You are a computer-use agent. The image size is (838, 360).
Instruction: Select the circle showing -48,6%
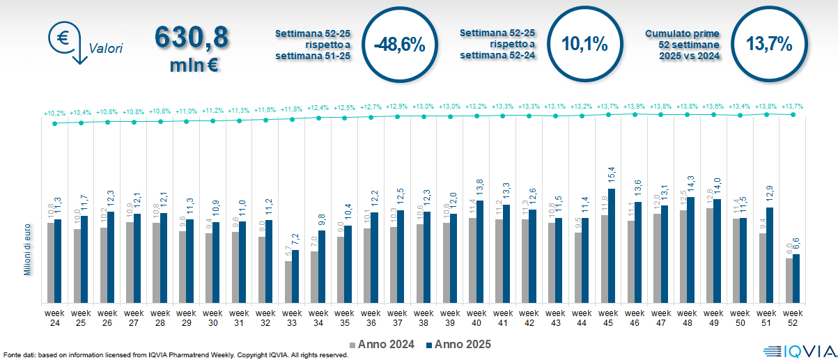coord(399,45)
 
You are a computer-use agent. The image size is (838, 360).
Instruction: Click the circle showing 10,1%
coord(584,45)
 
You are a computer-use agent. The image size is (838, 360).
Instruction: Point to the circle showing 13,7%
coord(769,45)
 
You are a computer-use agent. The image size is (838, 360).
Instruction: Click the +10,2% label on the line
coord(54,113)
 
